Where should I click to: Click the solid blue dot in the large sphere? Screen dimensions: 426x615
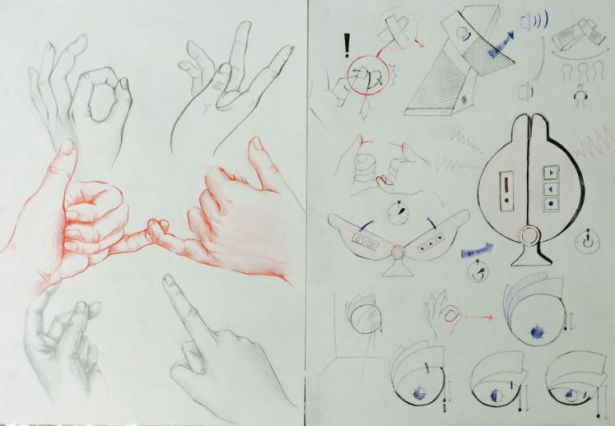point(533,329)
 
